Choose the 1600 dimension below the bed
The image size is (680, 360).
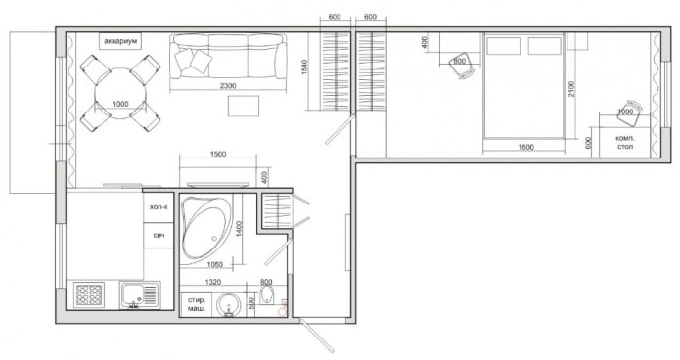pos(524,147)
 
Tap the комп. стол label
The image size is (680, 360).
pos(624,143)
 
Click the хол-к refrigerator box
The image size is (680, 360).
pos(159,208)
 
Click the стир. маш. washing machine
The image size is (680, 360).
pos(196,303)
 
